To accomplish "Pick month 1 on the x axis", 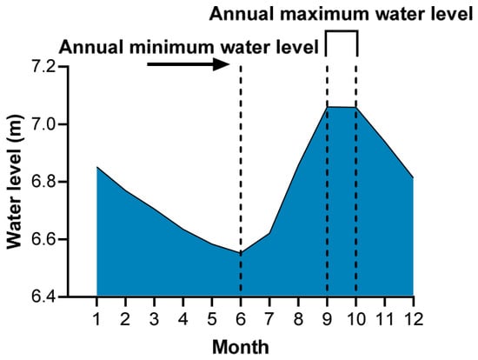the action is pos(96,319).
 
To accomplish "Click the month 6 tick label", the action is pos(241,319).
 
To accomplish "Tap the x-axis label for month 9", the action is pos(327,319).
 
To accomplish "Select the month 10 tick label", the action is pos(355,319).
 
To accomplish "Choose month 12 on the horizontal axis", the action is pos(414,319).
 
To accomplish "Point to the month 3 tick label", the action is pos(154,319).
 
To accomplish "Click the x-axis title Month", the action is pos(241,347).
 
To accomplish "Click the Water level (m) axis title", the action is pos(14,182).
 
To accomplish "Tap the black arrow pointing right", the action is pos(189,64).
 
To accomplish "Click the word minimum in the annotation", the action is pos(173,48).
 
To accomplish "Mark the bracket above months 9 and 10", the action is pos(342,30).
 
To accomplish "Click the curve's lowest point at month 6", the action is pos(241,253).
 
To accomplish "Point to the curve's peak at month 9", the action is pos(327,107).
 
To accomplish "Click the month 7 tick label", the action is pos(269,319).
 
